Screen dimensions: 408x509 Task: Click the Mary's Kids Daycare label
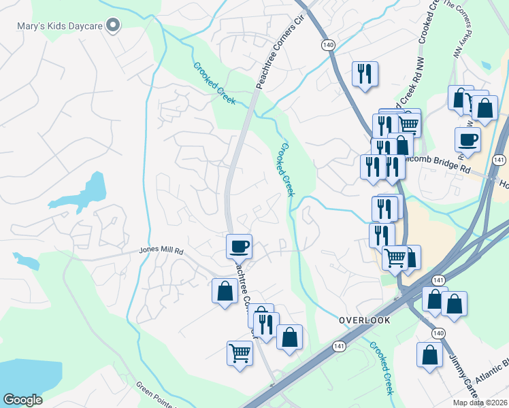click(x=59, y=27)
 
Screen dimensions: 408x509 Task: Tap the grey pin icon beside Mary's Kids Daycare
click(x=114, y=27)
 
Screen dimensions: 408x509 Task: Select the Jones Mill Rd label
click(x=162, y=251)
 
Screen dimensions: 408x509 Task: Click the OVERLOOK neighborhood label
click(x=364, y=320)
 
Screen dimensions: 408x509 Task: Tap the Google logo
click(x=22, y=400)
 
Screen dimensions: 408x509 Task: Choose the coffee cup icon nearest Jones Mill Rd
click(x=239, y=245)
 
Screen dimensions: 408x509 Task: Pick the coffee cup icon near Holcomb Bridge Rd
click(x=467, y=139)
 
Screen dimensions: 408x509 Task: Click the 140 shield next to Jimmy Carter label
click(x=439, y=333)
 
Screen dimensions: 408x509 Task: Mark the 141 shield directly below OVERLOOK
click(x=338, y=346)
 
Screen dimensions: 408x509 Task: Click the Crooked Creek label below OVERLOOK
click(x=382, y=368)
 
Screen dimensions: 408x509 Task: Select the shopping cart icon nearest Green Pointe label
click(x=240, y=353)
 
